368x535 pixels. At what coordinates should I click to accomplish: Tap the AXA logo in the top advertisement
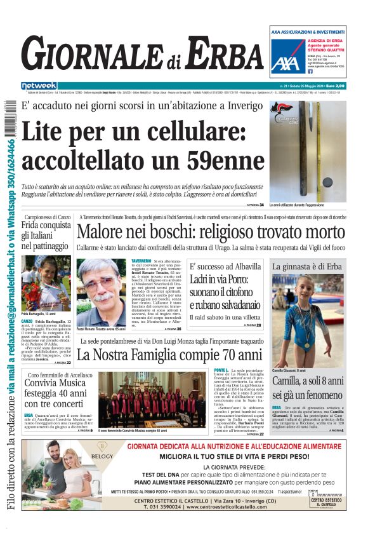pyautogui.click(x=288, y=62)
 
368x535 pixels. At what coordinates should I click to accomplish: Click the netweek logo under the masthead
pyautogui.click(x=39, y=85)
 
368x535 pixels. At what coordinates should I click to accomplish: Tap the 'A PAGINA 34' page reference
pyautogui.click(x=255, y=205)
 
